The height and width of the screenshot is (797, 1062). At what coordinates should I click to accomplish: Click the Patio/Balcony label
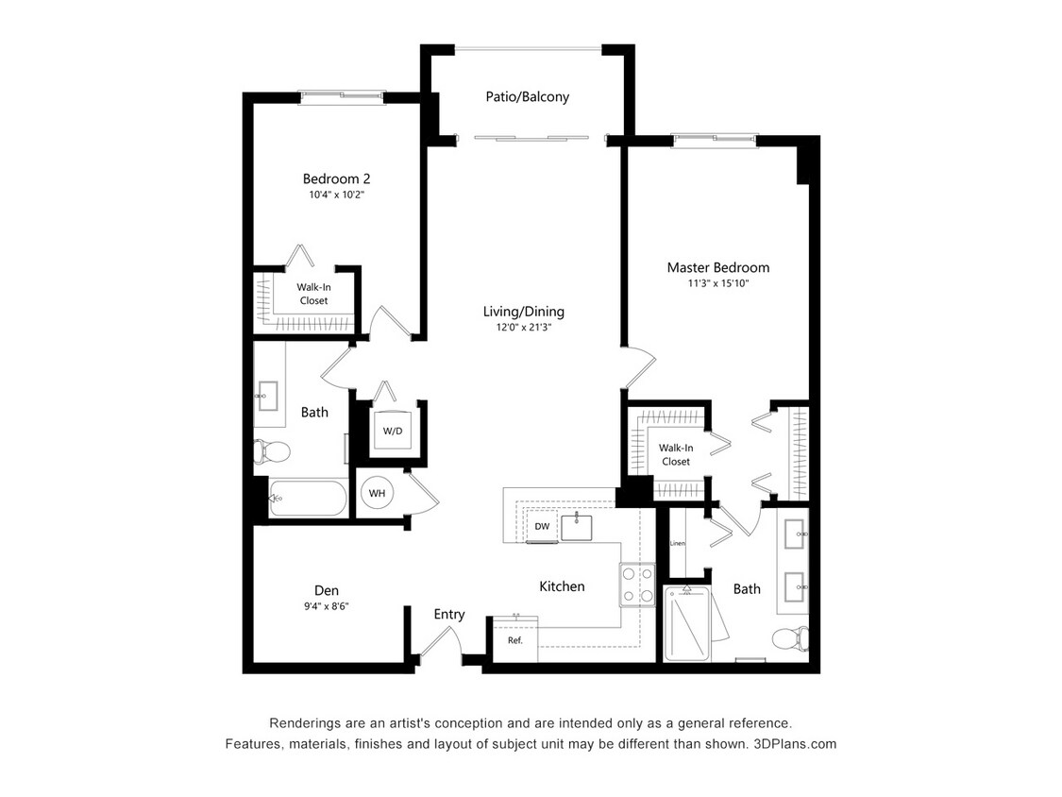pos(527,96)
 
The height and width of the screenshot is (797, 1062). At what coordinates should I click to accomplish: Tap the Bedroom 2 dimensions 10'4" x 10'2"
pos(336,195)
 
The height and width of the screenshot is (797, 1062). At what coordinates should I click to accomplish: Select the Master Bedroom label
pos(717,267)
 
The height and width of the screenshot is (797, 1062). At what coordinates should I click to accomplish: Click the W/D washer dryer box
pos(393,432)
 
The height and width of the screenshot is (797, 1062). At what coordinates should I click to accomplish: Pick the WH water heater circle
pos(377,493)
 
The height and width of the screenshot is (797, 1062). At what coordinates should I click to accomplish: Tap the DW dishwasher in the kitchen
pos(542,526)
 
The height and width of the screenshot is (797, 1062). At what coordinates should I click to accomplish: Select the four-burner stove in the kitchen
pos(637,585)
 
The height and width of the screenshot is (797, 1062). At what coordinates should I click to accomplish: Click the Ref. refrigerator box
pos(514,639)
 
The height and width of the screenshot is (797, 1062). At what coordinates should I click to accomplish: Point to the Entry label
pos(449,615)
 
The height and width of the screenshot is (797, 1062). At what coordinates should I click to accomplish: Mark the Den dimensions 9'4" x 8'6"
pos(327,606)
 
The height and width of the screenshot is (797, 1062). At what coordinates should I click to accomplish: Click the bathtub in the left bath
pos(308,498)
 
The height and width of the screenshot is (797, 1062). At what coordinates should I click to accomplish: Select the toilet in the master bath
pos(789,639)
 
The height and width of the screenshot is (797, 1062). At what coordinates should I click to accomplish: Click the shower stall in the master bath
pos(690,623)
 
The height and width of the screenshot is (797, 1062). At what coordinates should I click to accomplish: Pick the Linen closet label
pos(677,544)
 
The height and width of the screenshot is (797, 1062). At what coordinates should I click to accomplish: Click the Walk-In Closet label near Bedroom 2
pos(313,294)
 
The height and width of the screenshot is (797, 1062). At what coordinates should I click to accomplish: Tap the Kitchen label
pos(562,586)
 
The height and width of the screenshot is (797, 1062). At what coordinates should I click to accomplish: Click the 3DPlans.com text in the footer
pos(795,744)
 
